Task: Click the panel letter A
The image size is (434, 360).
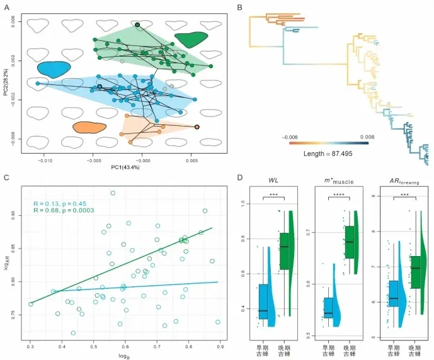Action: tap(7, 7)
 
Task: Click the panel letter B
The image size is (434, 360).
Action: tap(238, 7)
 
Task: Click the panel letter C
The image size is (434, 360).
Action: tap(6, 177)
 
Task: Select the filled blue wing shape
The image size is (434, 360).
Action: tap(53, 67)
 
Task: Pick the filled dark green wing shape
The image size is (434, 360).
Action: tap(192, 40)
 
